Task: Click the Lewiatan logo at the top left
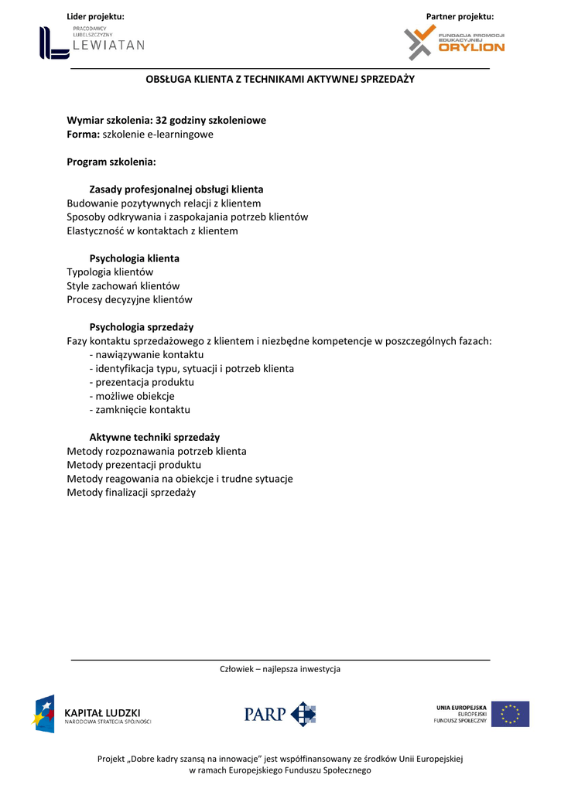tap(91, 43)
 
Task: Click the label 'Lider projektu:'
tap(95, 16)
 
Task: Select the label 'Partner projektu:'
tap(460, 16)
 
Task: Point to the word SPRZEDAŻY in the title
tap(388, 79)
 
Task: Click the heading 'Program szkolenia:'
tap(111, 162)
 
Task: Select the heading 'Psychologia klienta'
tap(134, 258)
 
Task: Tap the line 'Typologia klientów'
tap(110, 272)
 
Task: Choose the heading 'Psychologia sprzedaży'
tap(141, 327)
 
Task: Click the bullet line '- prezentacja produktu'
tap(142, 382)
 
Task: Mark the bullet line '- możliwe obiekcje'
tap(132, 396)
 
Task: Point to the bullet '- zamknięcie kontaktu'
tap(139, 410)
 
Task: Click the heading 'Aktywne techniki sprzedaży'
tap(154, 437)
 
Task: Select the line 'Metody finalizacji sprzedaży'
tap(131, 492)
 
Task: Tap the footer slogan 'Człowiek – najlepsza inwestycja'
tap(280, 669)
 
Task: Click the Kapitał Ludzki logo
tap(91, 714)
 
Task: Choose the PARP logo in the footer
tap(280, 714)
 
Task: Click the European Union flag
tap(510, 714)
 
